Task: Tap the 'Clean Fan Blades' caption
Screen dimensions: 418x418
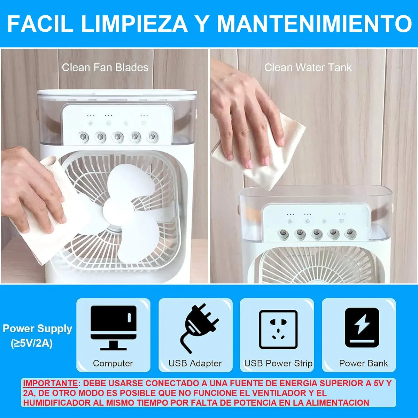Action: pyautogui.click(x=105, y=68)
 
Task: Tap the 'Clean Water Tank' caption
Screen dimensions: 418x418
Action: pyautogui.click(x=308, y=68)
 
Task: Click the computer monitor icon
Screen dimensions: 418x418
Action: pyautogui.click(x=114, y=328)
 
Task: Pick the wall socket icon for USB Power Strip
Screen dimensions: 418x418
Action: pyautogui.click(x=278, y=329)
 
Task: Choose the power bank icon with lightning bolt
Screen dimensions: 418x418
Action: pyautogui.click(x=362, y=327)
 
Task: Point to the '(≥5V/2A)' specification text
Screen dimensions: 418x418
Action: pyautogui.click(x=32, y=344)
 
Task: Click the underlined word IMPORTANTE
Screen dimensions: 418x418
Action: pyautogui.click(x=50, y=384)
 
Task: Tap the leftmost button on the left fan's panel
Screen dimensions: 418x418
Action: pyautogui.click(x=83, y=137)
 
